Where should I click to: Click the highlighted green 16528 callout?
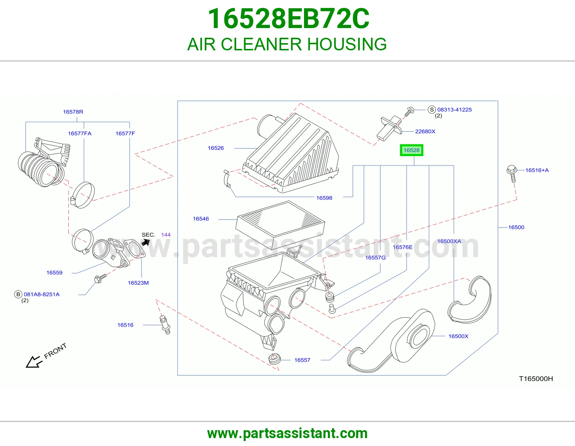point(411,150)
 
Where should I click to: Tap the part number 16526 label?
point(216,148)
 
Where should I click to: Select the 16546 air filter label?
point(201,219)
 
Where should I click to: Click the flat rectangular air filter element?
point(280,222)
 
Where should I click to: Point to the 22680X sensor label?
point(425,131)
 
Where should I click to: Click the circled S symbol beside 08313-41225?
point(432,109)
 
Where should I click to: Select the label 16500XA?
point(449,241)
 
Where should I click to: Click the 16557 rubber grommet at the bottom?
point(275,359)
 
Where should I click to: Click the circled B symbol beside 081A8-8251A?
point(18,294)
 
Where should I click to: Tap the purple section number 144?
point(166,235)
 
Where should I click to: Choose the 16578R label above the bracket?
point(73,112)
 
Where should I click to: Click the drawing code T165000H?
point(536,379)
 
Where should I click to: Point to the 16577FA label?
point(80,133)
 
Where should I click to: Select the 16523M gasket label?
point(138,283)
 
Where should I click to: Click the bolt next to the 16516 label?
point(165,325)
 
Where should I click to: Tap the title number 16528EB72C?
point(289,19)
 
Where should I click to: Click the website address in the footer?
point(287,433)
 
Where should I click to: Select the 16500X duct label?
point(458,336)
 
